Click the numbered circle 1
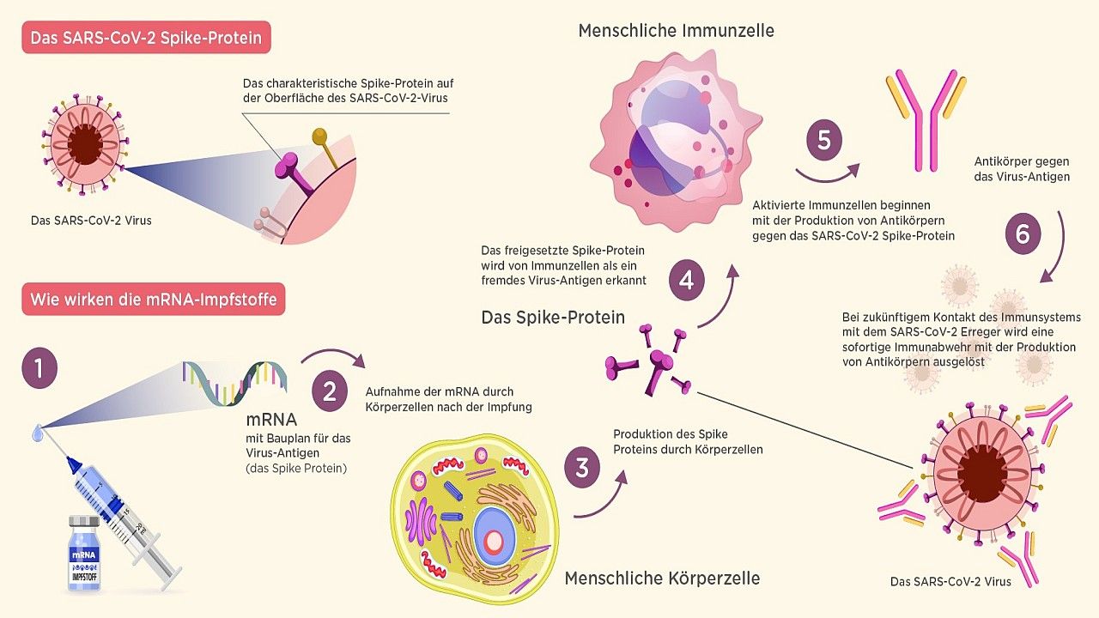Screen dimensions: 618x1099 pos(39,369)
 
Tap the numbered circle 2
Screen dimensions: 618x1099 pos(329,392)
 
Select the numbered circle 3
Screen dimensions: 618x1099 pos(582,469)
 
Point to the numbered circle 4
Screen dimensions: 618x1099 pos(686,281)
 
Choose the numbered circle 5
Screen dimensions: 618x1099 pos(824,140)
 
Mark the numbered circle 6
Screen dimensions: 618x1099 pos(1023,233)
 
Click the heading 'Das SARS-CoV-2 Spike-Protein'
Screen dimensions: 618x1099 pos(146,39)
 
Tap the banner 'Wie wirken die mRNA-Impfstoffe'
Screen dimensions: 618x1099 pos(153,300)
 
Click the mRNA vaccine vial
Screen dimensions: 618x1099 pos(84,554)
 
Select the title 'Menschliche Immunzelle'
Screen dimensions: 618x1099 pos(676,31)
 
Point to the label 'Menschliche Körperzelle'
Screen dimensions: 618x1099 pos(662,578)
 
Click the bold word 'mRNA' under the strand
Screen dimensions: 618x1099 pos(271,421)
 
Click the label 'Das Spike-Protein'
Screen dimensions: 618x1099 pos(553,318)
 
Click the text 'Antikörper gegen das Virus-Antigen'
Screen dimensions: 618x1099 pos(1021,169)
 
